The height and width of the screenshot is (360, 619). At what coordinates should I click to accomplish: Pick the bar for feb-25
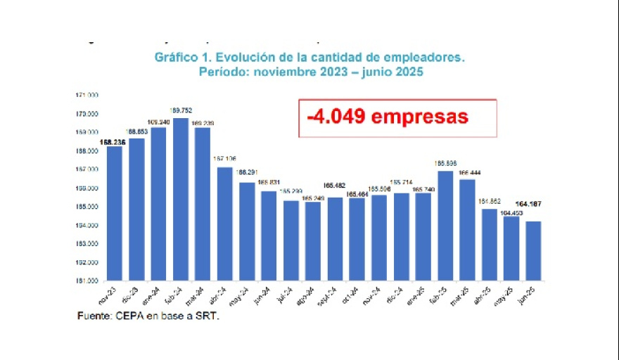[x=445, y=226]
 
